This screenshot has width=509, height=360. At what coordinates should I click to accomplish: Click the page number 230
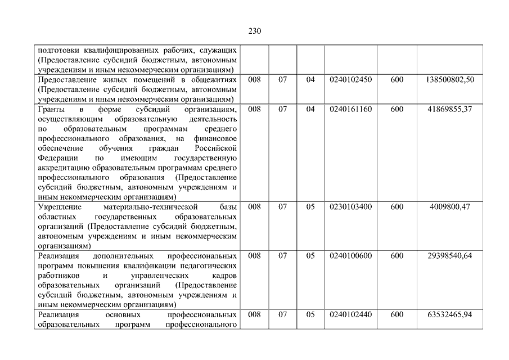tap(254, 31)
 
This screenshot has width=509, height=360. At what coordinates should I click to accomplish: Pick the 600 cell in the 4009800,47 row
tap(397, 207)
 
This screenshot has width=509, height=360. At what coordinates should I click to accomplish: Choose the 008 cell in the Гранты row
tap(254, 109)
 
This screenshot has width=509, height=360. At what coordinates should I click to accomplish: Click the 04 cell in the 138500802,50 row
tap(310, 80)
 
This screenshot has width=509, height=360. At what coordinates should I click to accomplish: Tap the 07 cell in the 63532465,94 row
tap(282, 314)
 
